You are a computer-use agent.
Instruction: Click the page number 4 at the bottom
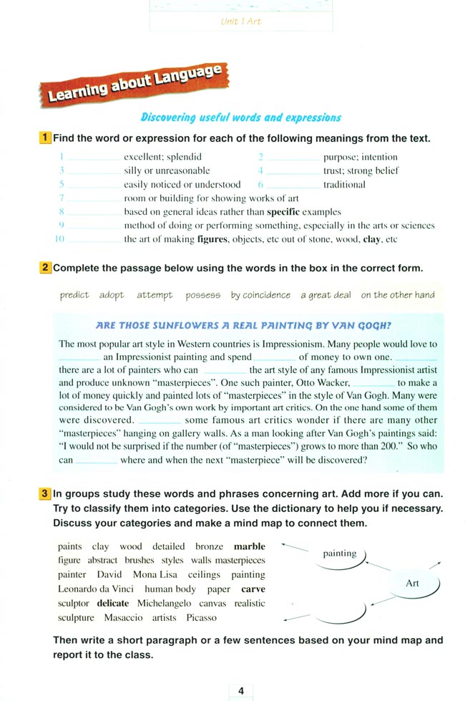pyautogui.click(x=241, y=691)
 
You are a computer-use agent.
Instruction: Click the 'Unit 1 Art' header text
pyautogui.click(x=241, y=21)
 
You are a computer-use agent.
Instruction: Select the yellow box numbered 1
pyautogui.click(x=45, y=137)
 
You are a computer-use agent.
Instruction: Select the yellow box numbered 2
pyautogui.click(x=45, y=269)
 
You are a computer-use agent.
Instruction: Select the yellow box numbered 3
pyautogui.click(x=45, y=494)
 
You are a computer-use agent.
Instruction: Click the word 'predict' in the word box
pyautogui.click(x=74, y=295)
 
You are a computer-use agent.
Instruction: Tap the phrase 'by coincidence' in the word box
pyautogui.click(x=260, y=295)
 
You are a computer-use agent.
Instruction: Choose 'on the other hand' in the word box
pyautogui.click(x=397, y=295)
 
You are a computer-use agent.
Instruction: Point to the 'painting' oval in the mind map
pyautogui.click(x=340, y=553)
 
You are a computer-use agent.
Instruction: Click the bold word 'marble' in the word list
pyautogui.click(x=249, y=546)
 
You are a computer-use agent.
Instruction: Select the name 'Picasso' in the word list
pyautogui.click(x=201, y=617)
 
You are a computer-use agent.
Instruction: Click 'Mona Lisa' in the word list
pyautogui.click(x=155, y=574)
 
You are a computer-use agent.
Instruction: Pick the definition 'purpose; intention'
pyautogui.click(x=360, y=157)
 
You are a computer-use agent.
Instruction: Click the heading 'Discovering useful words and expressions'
pyautogui.click(x=240, y=117)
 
